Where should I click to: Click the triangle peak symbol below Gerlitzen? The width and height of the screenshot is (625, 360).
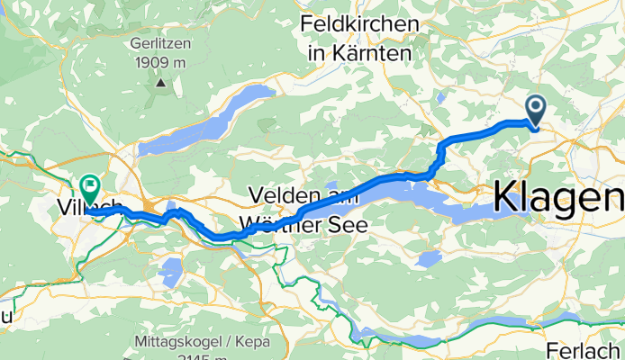(160, 83)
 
